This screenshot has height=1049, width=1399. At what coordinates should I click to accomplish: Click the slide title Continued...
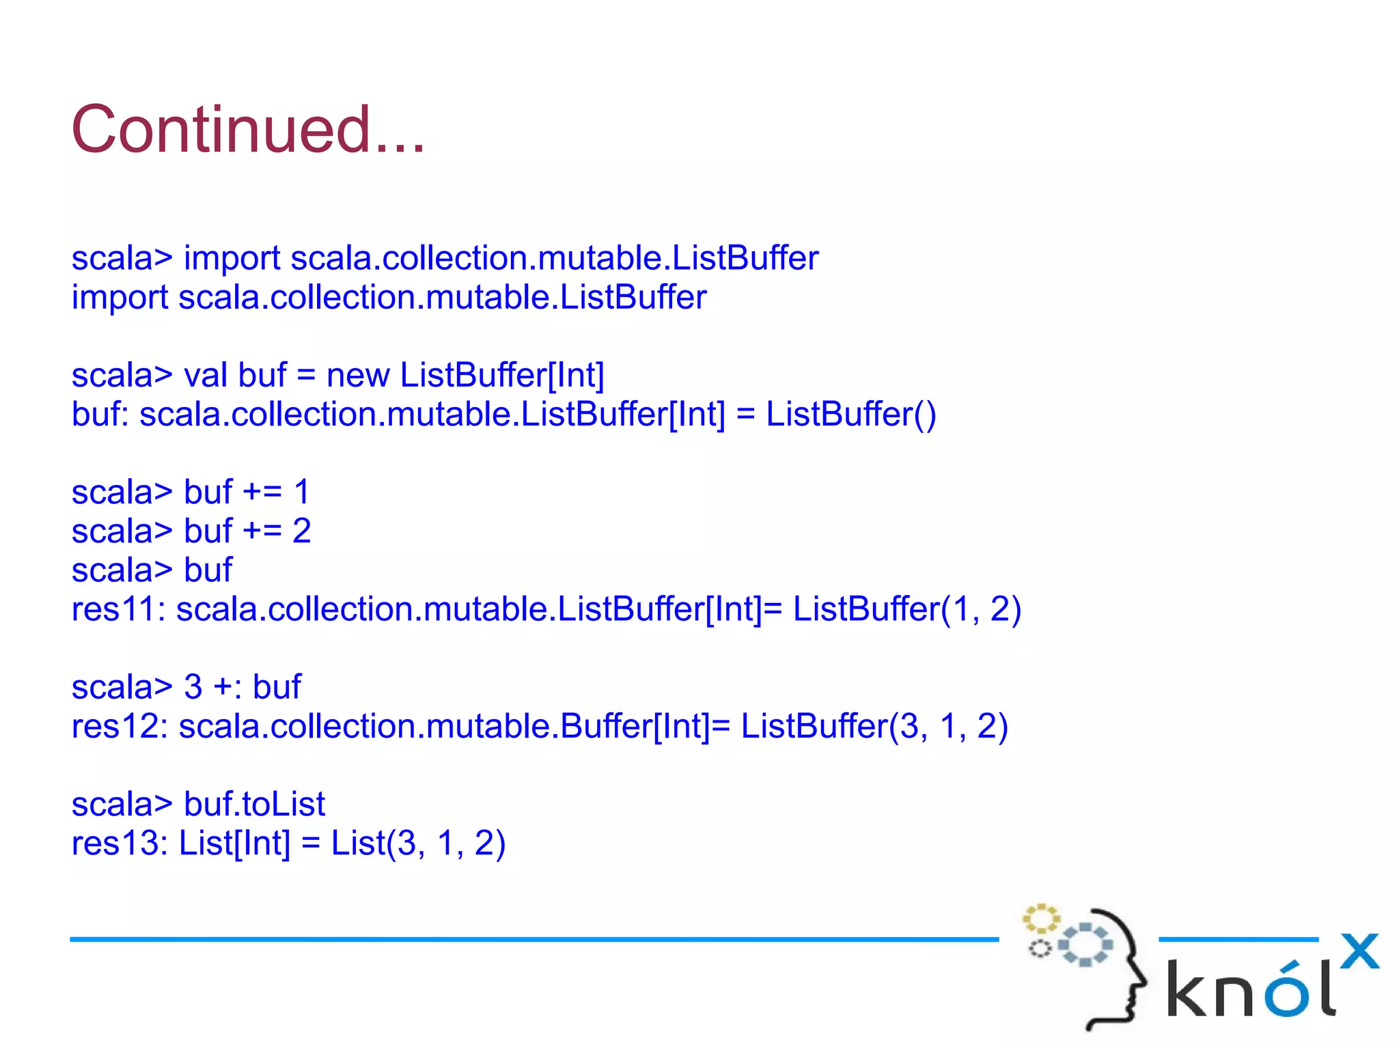(248, 130)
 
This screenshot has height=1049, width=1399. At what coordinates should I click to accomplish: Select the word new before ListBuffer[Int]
(357, 376)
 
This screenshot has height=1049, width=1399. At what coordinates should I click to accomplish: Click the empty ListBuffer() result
(850, 415)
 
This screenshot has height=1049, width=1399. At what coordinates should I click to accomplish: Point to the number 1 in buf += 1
(301, 492)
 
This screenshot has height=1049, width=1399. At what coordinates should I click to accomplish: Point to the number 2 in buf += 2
(301, 531)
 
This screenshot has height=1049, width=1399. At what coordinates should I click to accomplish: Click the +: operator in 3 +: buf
(227, 687)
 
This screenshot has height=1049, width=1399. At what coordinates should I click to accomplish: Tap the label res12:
(120, 727)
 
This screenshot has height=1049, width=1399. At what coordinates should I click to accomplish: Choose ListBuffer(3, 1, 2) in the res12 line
(874, 727)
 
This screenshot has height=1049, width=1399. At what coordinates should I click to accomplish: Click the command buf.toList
(254, 805)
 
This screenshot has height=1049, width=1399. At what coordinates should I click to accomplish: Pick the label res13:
(120, 843)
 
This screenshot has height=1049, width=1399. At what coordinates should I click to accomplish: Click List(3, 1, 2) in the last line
(418, 843)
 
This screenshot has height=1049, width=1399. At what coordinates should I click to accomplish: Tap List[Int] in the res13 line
(234, 843)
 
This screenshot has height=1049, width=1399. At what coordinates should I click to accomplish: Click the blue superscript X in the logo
(1359, 951)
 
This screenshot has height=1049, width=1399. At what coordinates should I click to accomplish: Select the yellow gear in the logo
(1040, 919)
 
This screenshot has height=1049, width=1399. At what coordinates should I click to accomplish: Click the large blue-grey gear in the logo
(1085, 945)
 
